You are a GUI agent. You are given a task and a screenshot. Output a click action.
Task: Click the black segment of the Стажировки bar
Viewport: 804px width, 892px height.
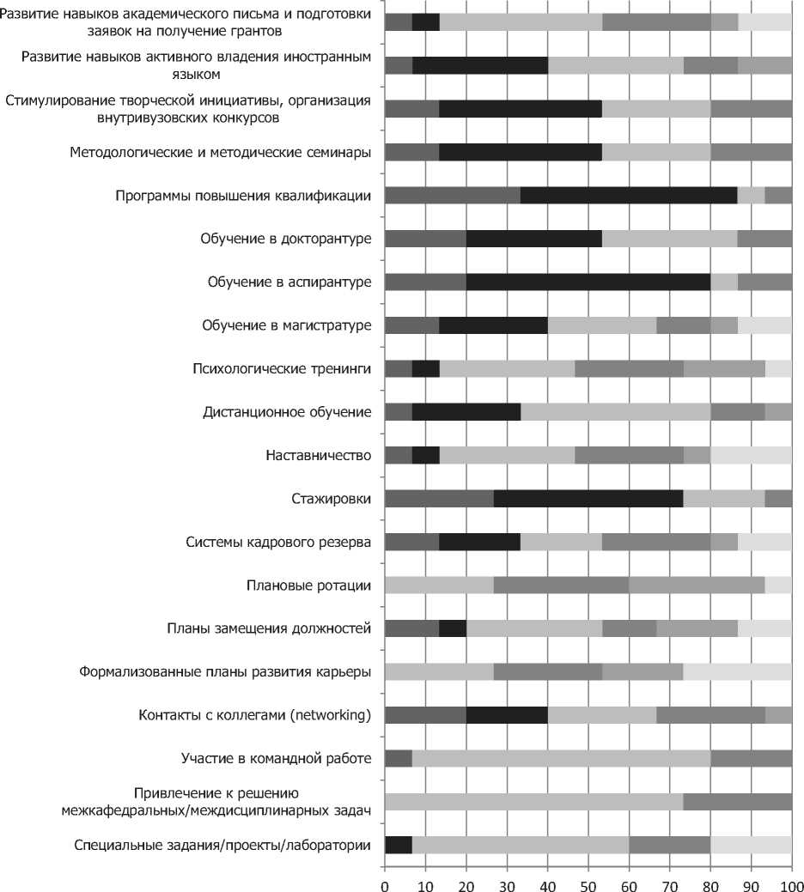588,499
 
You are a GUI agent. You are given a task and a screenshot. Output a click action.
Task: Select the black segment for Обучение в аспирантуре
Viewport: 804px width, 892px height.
588,282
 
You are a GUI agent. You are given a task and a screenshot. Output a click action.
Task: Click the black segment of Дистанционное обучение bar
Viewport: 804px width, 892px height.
466,412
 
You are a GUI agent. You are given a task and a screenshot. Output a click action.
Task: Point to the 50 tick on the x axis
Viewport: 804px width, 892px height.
588,880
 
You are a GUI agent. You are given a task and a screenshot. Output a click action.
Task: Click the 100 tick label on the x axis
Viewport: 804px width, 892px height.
791,880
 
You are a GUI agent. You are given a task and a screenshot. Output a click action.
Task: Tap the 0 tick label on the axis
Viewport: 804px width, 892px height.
385,880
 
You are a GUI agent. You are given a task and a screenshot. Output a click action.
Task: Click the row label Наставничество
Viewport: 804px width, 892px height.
319,455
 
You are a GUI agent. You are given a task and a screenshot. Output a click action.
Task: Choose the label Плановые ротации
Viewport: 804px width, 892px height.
308,586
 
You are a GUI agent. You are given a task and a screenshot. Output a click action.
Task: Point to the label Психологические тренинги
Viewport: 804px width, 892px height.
282,369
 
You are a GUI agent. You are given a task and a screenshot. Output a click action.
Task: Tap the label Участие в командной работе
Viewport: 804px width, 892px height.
276,759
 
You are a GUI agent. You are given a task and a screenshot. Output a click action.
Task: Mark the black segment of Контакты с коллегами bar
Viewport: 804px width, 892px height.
507,715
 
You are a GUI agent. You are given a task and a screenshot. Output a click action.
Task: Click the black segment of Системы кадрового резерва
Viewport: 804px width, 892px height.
479,542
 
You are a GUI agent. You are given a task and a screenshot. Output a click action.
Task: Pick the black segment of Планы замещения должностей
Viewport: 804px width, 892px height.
453,628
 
